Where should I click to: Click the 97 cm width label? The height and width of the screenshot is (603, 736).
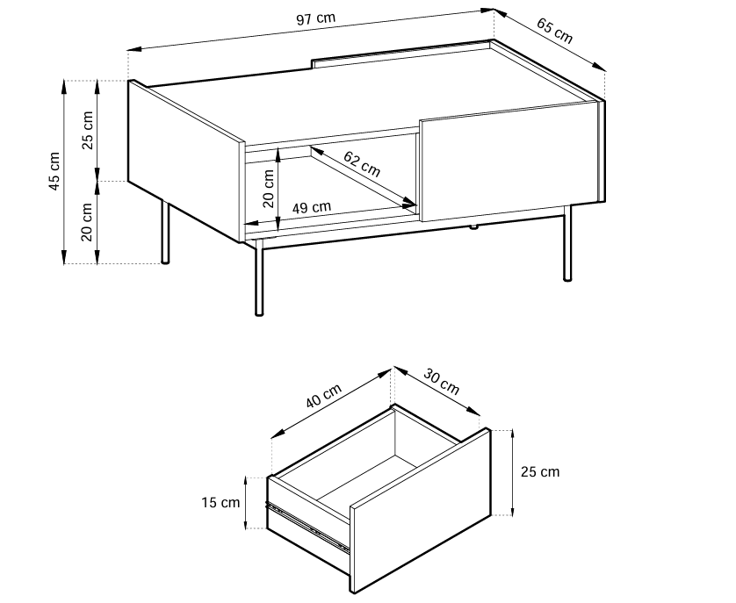coord(316,19)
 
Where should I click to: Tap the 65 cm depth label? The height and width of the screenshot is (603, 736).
coord(555,32)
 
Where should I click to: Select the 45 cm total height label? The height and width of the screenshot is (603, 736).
coord(55,171)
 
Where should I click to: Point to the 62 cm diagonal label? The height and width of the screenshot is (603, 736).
coord(362,164)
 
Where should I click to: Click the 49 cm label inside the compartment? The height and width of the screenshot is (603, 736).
coord(312,207)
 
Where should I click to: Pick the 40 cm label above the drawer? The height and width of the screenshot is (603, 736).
coord(323,396)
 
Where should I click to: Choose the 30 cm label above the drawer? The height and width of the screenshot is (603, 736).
coord(441,382)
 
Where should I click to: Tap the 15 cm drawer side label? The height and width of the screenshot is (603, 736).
coord(220,503)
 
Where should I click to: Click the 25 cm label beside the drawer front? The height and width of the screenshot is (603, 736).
coord(540,471)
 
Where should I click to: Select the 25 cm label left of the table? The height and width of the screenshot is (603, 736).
coord(88,130)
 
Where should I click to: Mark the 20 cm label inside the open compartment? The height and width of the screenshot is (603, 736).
coord(269,188)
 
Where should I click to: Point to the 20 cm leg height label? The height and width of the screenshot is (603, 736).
coord(87,222)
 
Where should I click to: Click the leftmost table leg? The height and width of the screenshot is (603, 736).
coord(165,232)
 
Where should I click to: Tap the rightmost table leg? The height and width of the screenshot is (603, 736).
coord(567,242)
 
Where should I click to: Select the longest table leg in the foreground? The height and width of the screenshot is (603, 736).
coord(259,276)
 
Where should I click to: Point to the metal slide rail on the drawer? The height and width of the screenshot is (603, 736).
coord(307,527)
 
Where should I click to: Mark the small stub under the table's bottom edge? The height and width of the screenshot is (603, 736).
coord(473,227)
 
